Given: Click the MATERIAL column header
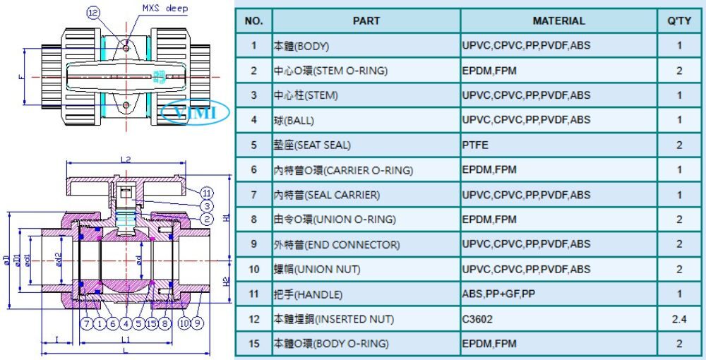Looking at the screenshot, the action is point(558,20).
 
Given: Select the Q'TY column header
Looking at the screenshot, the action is point(679,20).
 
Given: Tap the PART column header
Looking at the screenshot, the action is point(366,20).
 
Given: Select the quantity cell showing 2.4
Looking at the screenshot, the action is point(679,319).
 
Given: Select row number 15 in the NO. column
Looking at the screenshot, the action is point(254,344).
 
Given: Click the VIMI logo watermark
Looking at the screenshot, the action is point(196,112).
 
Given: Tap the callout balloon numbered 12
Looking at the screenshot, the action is point(92,13).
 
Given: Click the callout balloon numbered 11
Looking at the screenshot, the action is point(207,193).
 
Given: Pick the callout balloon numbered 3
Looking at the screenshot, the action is point(207,207).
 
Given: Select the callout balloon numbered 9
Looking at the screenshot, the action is point(197,323).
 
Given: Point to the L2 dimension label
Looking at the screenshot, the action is point(126,160).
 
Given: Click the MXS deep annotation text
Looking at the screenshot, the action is point(165,8).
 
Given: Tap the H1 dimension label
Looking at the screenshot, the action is point(227,217).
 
